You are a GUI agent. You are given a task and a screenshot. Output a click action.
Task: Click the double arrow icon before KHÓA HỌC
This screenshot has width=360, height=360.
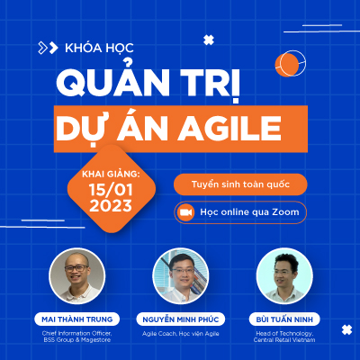click(x=48, y=48)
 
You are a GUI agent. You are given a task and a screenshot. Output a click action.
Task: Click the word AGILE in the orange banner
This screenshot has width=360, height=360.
click(x=229, y=129)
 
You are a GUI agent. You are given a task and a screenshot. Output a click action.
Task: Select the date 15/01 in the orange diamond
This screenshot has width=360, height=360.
click(x=111, y=190)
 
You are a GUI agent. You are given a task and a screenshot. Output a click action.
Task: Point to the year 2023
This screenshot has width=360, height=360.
click(x=111, y=205)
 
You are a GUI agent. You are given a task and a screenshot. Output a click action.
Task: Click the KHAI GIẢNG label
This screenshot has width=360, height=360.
click(x=111, y=174)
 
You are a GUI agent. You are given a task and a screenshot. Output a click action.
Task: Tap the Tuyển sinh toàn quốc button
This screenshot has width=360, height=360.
click(x=240, y=184)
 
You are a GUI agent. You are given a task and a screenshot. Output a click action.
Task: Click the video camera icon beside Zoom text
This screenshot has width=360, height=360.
click(x=185, y=212)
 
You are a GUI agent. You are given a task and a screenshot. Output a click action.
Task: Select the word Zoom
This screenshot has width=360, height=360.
click(x=285, y=212)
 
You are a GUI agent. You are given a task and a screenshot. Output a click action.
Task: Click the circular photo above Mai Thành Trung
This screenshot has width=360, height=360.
click(x=77, y=276)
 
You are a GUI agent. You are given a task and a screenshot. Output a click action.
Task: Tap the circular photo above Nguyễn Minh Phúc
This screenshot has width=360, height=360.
click(x=181, y=276)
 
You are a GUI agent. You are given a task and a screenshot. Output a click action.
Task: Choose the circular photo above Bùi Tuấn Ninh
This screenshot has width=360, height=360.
click(x=284, y=276)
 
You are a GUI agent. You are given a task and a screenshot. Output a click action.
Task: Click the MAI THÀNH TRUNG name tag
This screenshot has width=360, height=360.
click(x=77, y=319)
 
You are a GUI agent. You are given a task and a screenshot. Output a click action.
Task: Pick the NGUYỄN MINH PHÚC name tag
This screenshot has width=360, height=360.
click(x=181, y=319)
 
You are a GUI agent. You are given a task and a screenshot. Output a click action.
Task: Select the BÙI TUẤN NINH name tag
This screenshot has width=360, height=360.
click(x=284, y=319)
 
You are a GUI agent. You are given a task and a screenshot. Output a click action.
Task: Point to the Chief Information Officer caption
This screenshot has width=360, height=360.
click(x=77, y=333)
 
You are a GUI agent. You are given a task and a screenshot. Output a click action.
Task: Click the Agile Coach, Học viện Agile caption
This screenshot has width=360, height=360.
click(x=181, y=334)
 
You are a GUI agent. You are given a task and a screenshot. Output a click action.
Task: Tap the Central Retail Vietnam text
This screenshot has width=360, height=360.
click(x=284, y=340)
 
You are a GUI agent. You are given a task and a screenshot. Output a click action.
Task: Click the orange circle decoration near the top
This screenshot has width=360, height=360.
click(x=287, y=65)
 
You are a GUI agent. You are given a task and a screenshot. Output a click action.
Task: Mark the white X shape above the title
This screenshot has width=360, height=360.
click(x=209, y=40)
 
